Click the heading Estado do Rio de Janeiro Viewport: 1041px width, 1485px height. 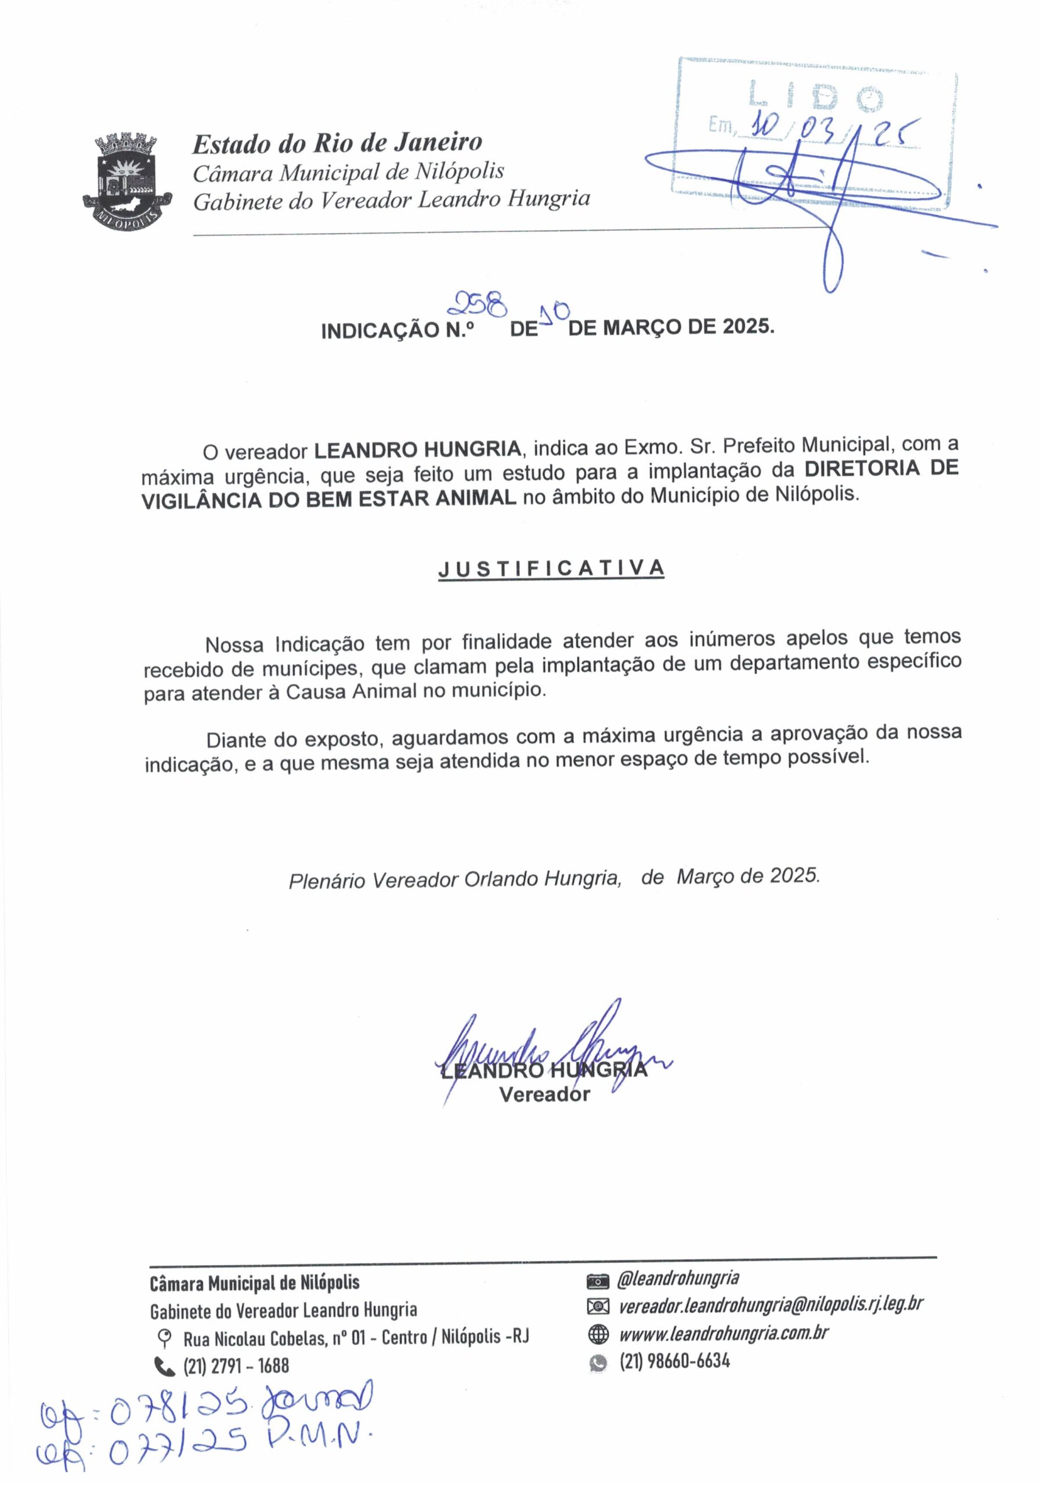[x=337, y=143]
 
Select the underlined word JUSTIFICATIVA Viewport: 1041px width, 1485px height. [x=551, y=568]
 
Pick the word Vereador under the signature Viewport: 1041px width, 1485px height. [x=544, y=1095]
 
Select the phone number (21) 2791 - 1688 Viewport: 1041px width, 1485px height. [x=236, y=1366]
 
